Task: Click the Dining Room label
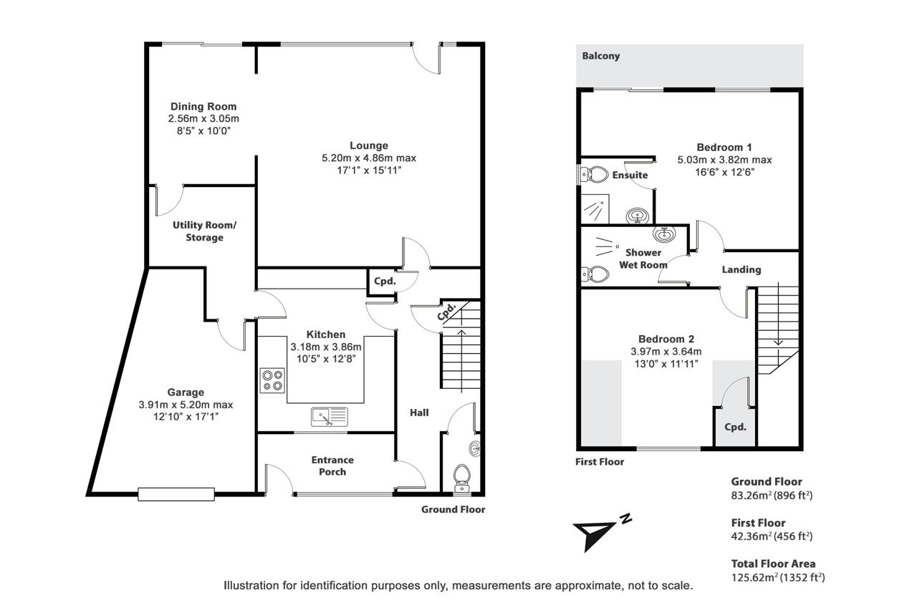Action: pyautogui.click(x=203, y=107)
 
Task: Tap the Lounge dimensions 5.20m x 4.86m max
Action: pyautogui.click(x=369, y=158)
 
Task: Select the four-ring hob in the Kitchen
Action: pyautogui.click(x=272, y=380)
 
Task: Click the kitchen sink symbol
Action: pyautogui.click(x=329, y=417)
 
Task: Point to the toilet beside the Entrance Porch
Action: pyautogui.click(x=462, y=478)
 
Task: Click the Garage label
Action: pyautogui.click(x=186, y=392)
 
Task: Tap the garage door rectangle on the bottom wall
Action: pyautogui.click(x=176, y=494)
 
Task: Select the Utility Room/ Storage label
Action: pyautogui.click(x=204, y=231)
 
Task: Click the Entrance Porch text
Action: pyautogui.click(x=332, y=466)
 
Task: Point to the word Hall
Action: pyautogui.click(x=419, y=413)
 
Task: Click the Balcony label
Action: pyautogui.click(x=600, y=56)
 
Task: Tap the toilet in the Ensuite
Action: pyautogui.click(x=595, y=174)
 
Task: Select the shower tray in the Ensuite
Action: pyautogui.click(x=595, y=209)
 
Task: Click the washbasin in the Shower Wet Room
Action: pyautogui.click(x=664, y=234)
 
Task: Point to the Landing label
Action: pyautogui.click(x=741, y=270)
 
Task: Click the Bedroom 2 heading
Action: pyautogui.click(x=666, y=339)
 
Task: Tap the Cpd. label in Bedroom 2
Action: pyautogui.click(x=735, y=427)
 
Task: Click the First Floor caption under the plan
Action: pyautogui.click(x=600, y=462)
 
